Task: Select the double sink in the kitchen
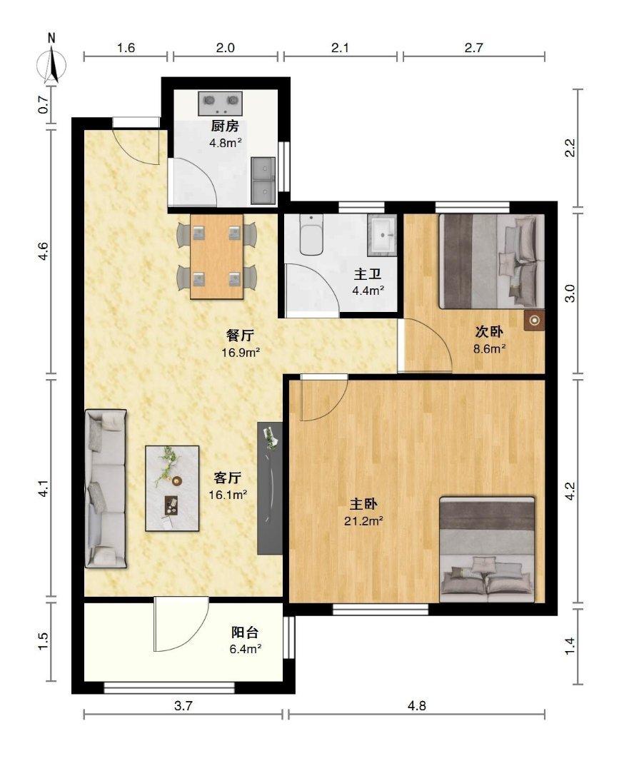[263, 181]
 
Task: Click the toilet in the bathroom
[311, 235]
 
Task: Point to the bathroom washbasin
[383, 235]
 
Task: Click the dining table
[217, 256]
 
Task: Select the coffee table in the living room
[172, 488]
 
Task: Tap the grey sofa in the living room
[106, 489]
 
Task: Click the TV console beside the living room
[270, 488]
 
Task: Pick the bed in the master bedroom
[487, 549]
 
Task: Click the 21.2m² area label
[364, 521]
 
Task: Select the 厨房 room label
[225, 126]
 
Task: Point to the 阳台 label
[245, 633]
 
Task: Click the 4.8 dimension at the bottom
[416, 706]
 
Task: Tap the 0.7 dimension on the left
[44, 105]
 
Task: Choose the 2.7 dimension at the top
[473, 48]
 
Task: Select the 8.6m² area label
[490, 349]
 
